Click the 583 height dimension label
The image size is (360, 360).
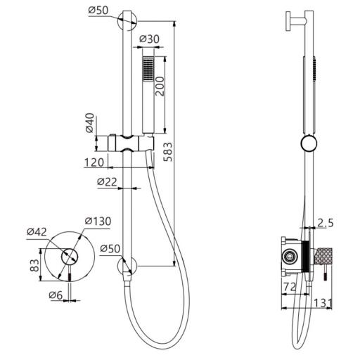pyautogui.click(x=168, y=152)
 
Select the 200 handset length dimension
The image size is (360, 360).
pyautogui.click(x=160, y=86)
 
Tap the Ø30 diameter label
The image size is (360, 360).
pyautogui.click(x=149, y=39)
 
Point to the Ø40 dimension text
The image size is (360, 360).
pyautogui.click(x=90, y=123)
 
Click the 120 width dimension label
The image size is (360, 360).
pyautogui.click(x=94, y=162)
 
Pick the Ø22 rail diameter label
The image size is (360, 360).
pyautogui.click(x=107, y=181)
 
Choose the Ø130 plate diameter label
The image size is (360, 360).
pyautogui.click(x=98, y=221)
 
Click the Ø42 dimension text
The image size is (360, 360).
pyautogui.click(x=37, y=232)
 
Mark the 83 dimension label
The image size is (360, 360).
pyautogui.click(x=34, y=265)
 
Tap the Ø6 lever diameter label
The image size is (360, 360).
pyautogui.click(x=56, y=295)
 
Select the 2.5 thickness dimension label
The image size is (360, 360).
pyautogui.click(x=326, y=223)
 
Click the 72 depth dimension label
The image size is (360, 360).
pyautogui.click(x=290, y=287)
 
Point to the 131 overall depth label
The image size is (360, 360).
pyautogui.click(x=323, y=303)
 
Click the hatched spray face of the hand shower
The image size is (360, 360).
pyautogui.click(x=148, y=69)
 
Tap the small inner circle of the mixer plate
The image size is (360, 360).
pyautogui.click(x=70, y=257)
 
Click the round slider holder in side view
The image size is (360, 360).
pyautogui.click(x=309, y=143)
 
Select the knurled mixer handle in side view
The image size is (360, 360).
pyautogui.click(x=323, y=256)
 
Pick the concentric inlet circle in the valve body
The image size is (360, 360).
pyautogui.click(x=290, y=257)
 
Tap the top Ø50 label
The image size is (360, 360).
pyautogui.click(x=98, y=10)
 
